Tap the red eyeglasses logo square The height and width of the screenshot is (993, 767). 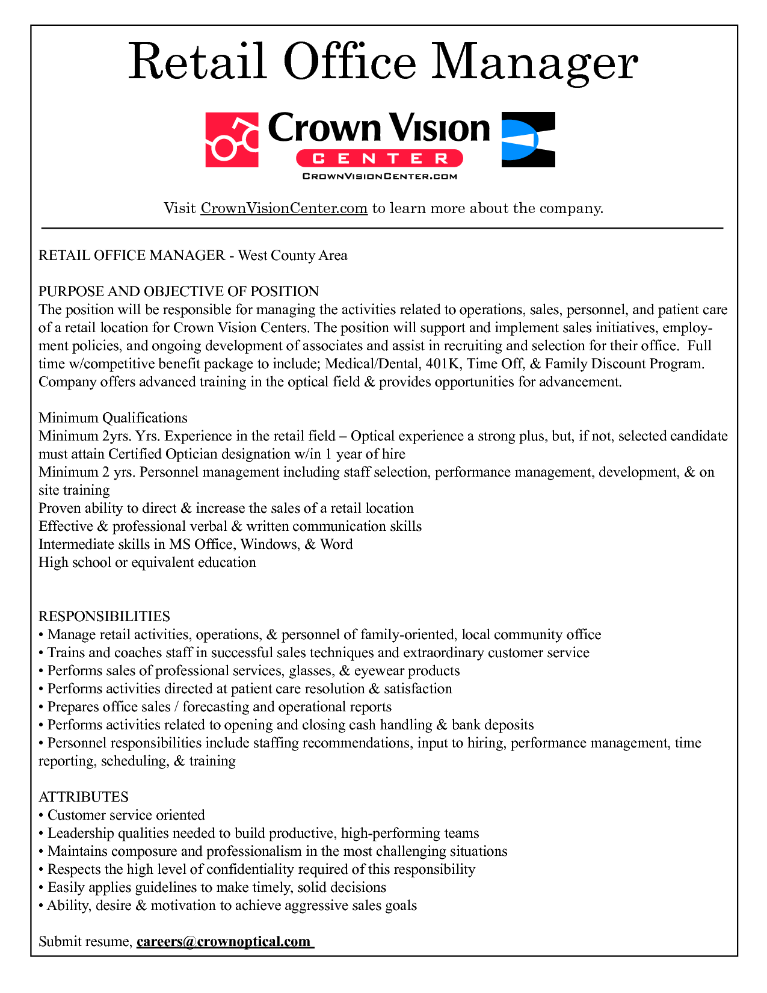point(232,140)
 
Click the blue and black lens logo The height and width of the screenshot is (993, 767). point(528,140)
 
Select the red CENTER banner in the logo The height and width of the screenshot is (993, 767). point(380,158)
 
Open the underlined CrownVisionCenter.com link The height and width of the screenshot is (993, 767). point(283,208)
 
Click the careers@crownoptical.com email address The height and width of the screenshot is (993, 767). point(224,941)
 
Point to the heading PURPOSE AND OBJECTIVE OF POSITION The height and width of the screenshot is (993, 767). point(179,291)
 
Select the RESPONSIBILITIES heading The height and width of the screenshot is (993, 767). point(104,616)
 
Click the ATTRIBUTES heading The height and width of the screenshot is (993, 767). point(84,797)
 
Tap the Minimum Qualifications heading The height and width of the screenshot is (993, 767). point(113,418)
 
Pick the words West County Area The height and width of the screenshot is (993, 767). point(293,255)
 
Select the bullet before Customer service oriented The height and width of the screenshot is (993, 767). point(41,815)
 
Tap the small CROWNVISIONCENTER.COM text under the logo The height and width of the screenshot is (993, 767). point(380,176)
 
